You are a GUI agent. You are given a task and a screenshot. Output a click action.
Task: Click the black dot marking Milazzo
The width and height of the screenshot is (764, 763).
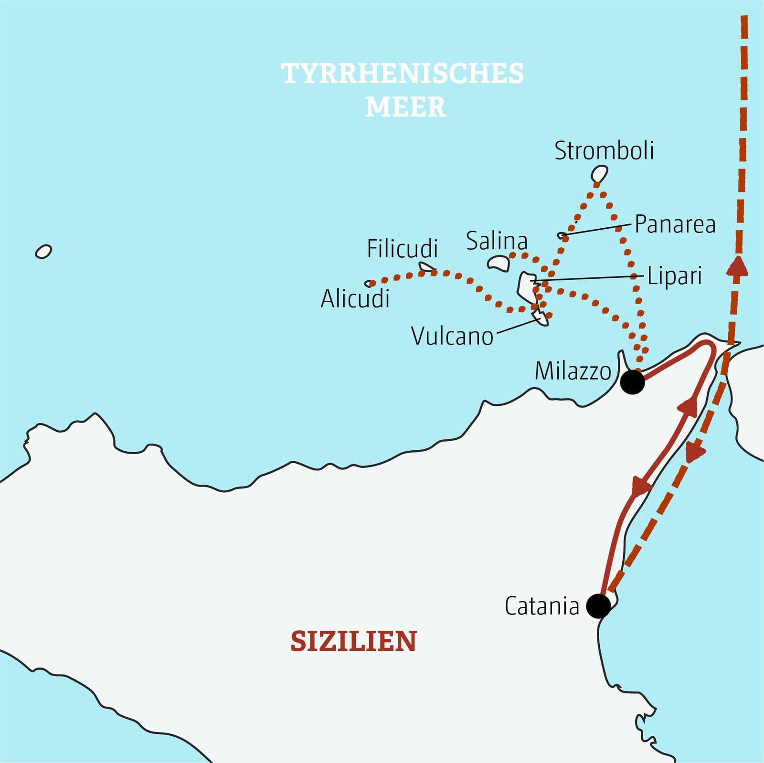(x=632, y=382)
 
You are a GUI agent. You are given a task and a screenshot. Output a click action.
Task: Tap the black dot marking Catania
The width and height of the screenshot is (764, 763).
(x=598, y=606)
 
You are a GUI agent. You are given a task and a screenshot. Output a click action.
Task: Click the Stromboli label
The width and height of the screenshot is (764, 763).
(x=604, y=151)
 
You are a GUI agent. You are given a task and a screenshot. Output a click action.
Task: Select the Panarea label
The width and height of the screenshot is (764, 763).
(x=675, y=224)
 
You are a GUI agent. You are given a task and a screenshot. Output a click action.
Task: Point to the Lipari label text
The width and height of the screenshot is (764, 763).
(x=674, y=276)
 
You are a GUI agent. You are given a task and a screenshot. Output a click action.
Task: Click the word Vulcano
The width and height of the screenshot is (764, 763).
(x=452, y=336)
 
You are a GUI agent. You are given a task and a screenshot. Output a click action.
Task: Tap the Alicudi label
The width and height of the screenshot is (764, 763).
(x=355, y=299)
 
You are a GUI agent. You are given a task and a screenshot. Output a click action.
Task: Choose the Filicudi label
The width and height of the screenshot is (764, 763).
(x=402, y=249)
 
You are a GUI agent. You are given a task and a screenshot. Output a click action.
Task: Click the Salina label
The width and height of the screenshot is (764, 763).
(x=497, y=241)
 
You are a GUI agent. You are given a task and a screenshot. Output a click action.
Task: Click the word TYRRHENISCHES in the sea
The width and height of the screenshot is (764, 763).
(x=403, y=74)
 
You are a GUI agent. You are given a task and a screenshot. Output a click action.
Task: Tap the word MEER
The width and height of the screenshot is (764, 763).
(x=405, y=107)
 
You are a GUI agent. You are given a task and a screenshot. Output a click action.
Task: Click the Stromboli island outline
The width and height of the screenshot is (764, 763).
(x=599, y=174)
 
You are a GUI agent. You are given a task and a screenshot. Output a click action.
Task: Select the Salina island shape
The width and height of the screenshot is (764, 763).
(x=499, y=263)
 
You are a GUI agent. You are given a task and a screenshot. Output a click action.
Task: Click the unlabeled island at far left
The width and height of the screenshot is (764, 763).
(x=43, y=251)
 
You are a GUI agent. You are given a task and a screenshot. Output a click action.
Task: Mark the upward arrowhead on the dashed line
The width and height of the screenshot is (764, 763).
(x=737, y=266)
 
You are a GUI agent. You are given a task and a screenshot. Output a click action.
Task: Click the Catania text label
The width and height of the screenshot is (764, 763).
(x=541, y=606)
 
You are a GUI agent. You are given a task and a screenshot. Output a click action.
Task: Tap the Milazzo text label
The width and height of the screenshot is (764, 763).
(x=573, y=371)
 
